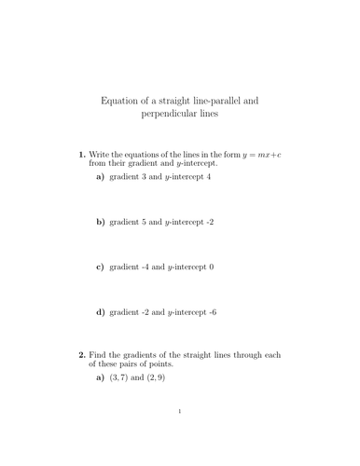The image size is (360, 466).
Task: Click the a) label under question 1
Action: pos(101,176)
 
